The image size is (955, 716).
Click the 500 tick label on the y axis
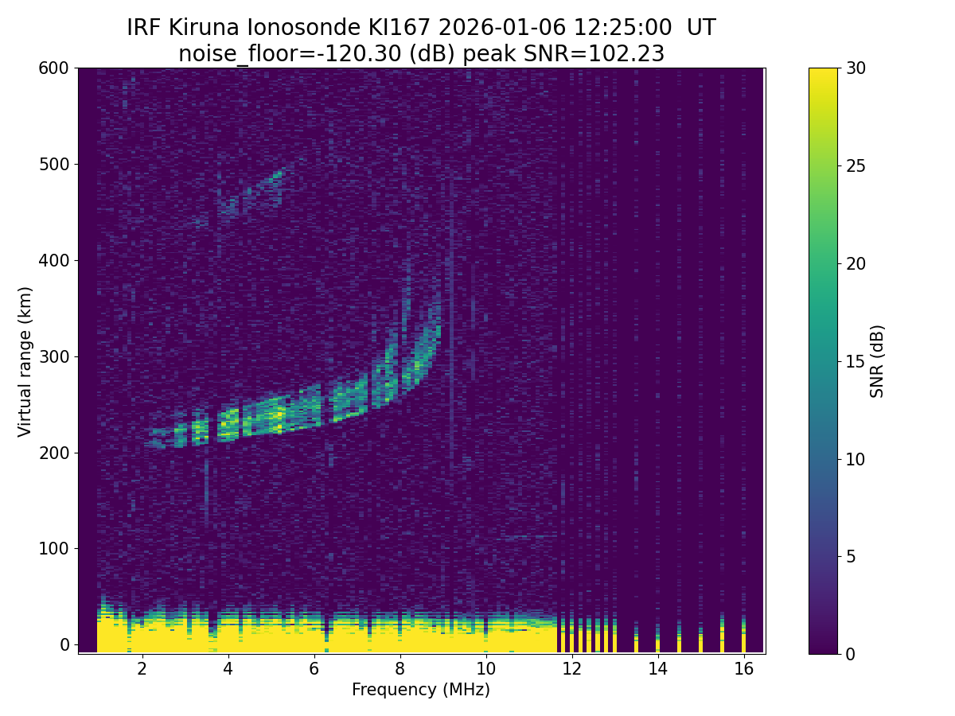click(54, 165)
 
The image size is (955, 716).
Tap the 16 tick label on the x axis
click(743, 669)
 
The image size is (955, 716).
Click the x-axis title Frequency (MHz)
click(421, 690)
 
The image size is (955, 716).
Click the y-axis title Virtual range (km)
click(25, 361)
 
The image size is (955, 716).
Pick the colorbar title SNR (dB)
click(877, 361)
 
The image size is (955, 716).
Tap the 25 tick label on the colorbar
click(858, 166)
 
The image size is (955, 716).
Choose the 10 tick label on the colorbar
click(858, 459)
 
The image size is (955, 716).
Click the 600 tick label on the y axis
click(54, 68)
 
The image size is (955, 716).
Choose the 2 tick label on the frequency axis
click(142, 669)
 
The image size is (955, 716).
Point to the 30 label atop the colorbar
click(858, 68)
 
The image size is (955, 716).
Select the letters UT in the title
click(701, 28)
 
